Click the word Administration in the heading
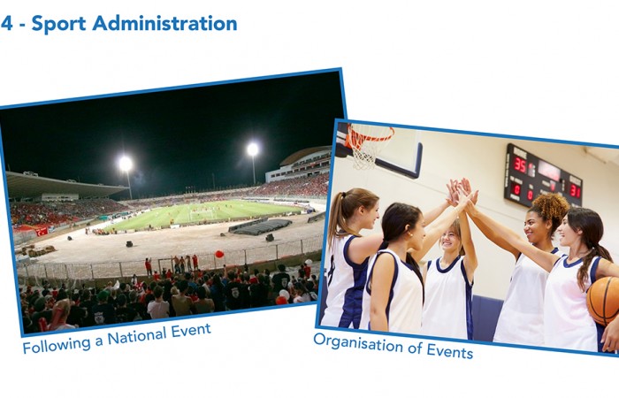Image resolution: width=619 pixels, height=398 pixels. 164,23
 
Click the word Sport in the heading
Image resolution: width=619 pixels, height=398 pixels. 58,24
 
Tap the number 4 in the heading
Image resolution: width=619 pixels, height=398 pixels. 7,23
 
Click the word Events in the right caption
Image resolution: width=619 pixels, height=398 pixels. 449,350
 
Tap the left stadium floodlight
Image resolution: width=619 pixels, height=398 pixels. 126,164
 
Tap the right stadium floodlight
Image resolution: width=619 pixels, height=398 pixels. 253,149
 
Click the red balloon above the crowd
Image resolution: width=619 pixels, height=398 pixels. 219,254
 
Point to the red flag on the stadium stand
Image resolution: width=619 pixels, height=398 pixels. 42,232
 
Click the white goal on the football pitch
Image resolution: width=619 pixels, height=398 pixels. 202,214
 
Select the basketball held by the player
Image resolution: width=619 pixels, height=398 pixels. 602,300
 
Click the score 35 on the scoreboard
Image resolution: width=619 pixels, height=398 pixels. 520,166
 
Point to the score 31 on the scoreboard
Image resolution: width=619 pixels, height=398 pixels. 575,191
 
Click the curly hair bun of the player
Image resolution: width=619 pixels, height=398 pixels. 551,206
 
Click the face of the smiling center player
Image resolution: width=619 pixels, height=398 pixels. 450,237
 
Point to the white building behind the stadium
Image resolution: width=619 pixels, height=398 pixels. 299,166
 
